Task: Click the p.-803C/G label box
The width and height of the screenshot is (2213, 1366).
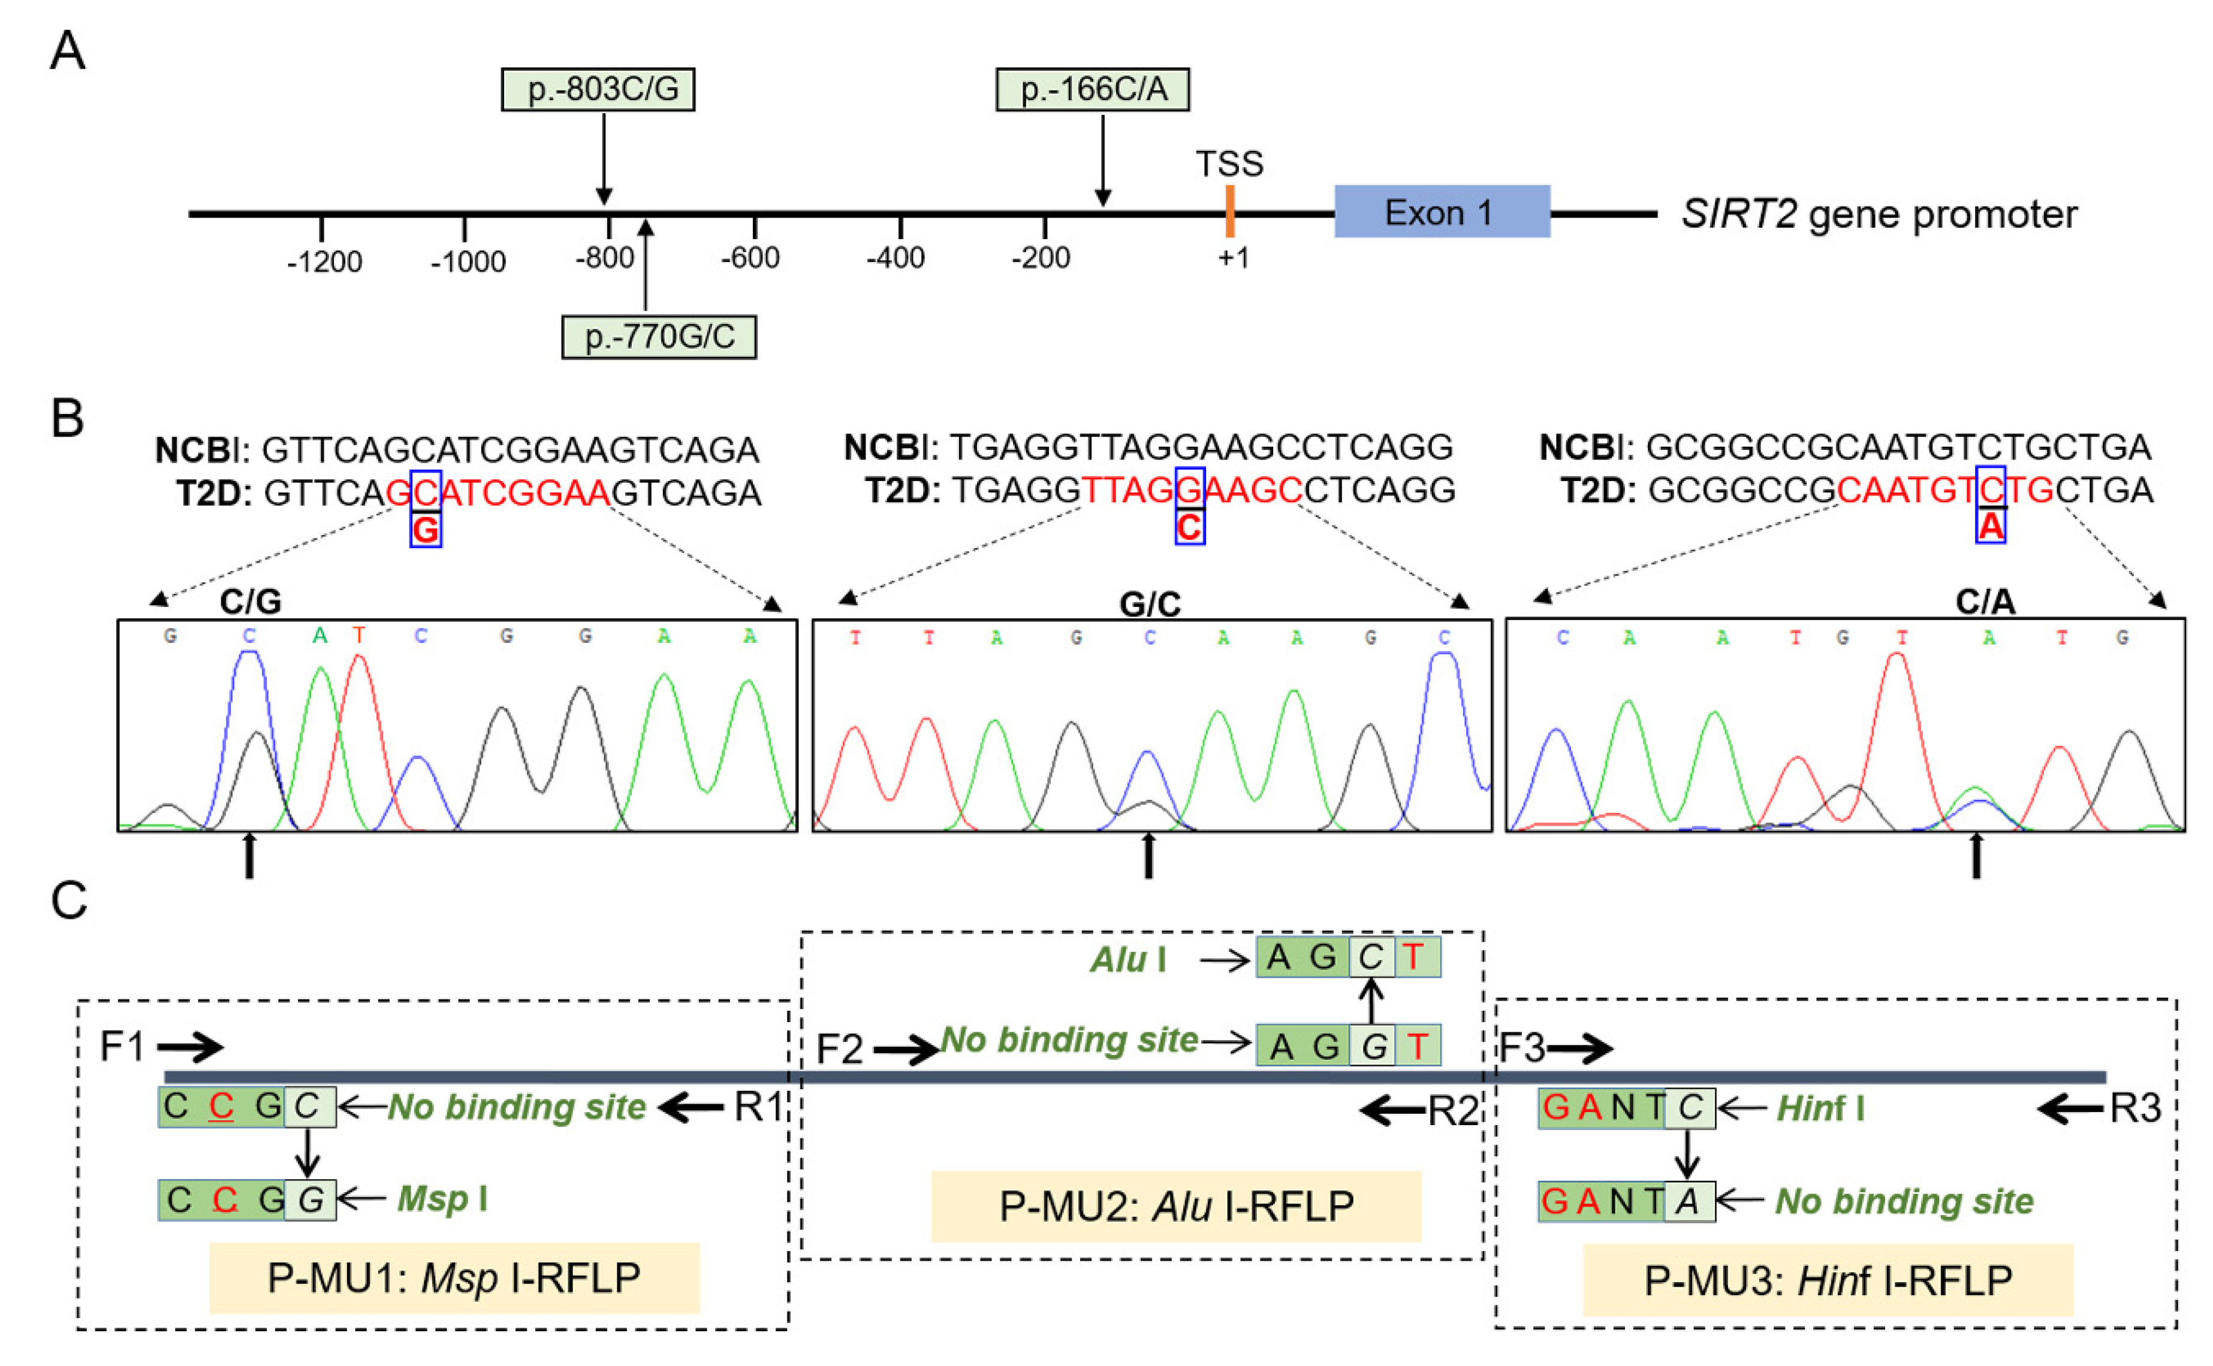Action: (x=598, y=89)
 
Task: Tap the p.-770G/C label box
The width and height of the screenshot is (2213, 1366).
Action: (x=659, y=337)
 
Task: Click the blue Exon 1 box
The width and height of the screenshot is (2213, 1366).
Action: (x=1442, y=212)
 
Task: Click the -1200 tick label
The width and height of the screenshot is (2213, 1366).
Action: (x=324, y=262)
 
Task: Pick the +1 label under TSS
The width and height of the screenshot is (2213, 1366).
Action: (x=1232, y=258)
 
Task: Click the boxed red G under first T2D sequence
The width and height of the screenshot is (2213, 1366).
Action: (x=426, y=530)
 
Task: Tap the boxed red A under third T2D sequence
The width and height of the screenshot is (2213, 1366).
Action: (x=1990, y=526)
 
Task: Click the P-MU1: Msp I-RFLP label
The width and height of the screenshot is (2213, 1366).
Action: (x=454, y=1277)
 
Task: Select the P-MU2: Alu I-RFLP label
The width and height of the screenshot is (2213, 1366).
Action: (x=1175, y=1206)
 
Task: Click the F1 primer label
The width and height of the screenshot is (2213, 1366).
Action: (x=122, y=1047)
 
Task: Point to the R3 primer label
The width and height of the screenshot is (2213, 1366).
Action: (x=2134, y=1108)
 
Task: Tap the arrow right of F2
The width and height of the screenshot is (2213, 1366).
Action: (x=906, y=1050)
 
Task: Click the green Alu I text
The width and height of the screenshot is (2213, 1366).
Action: (x=1127, y=959)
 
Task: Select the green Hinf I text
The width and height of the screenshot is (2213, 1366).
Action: (x=1820, y=1108)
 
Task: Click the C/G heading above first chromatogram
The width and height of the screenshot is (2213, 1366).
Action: (x=251, y=602)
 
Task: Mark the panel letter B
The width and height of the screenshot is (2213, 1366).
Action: (x=67, y=419)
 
